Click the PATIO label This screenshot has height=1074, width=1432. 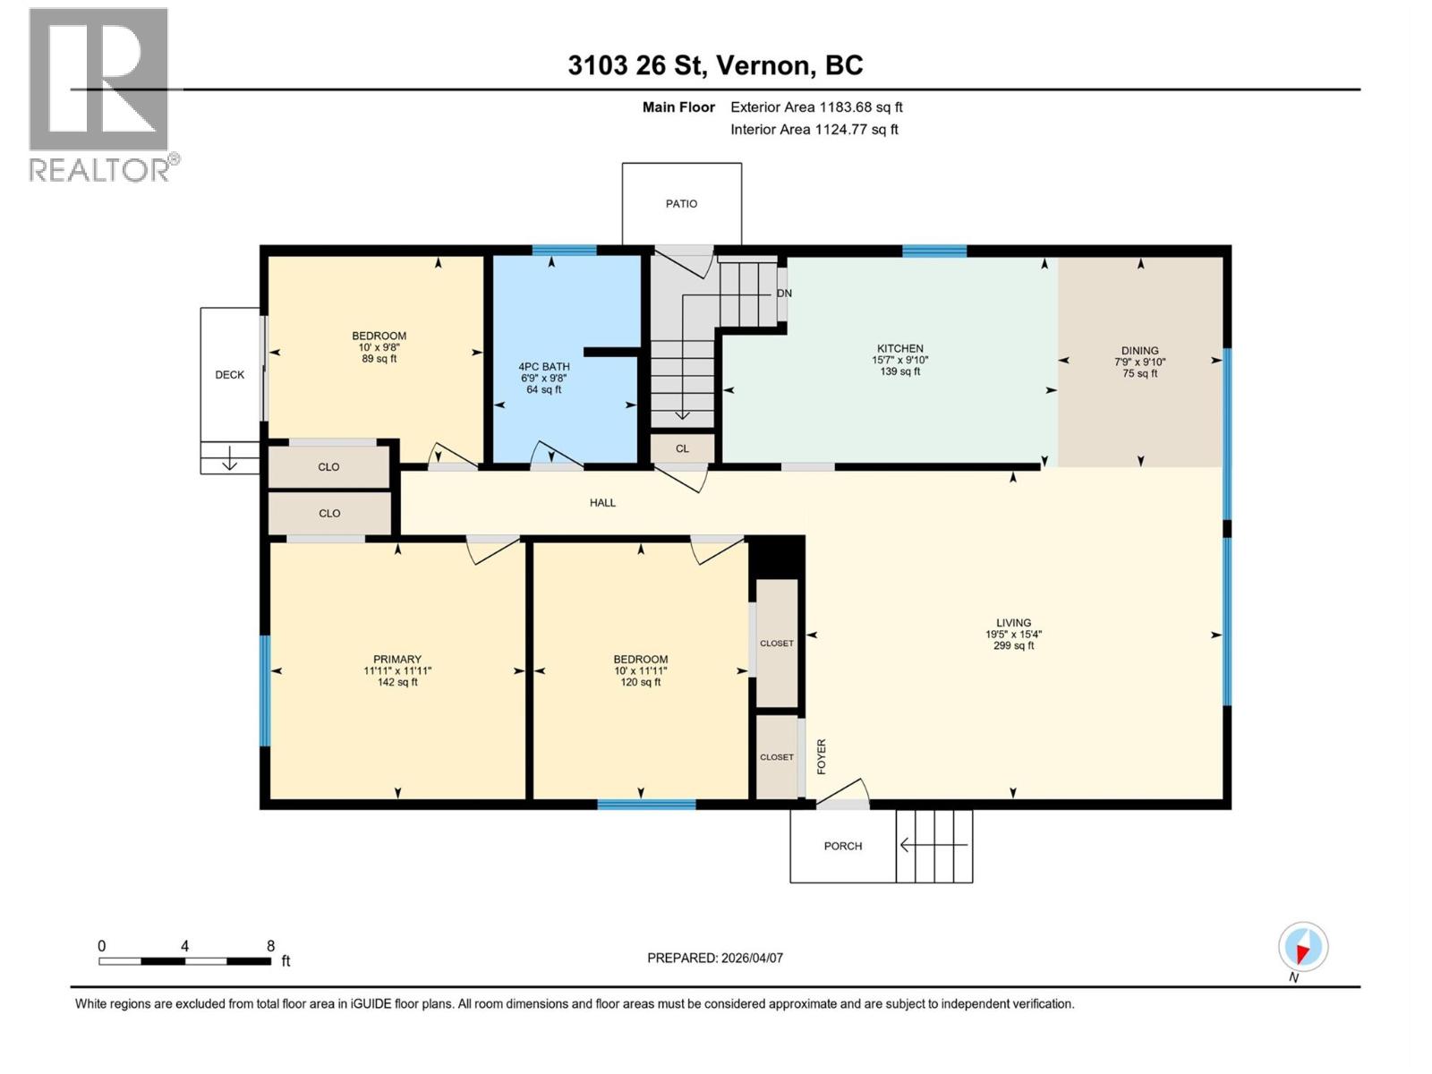click(681, 204)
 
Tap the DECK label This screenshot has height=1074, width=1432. click(229, 375)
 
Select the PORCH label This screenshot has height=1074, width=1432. click(842, 846)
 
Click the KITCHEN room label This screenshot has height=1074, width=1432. click(899, 349)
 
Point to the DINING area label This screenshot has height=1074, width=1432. click(1139, 351)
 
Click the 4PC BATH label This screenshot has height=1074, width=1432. click(543, 367)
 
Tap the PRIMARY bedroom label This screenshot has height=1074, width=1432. click(396, 660)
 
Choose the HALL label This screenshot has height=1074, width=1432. click(602, 503)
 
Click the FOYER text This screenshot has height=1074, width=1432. click(822, 756)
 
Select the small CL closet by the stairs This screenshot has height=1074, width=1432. click(682, 448)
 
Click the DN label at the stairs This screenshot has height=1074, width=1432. click(784, 294)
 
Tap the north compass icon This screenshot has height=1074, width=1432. click(1302, 948)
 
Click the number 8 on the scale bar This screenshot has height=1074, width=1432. click(270, 946)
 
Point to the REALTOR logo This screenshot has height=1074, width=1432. click(100, 94)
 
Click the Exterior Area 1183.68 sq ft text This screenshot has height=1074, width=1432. click(815, 107)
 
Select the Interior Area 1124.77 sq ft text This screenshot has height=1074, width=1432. click(814, 130)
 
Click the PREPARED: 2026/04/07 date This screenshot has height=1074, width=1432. click(714, 958)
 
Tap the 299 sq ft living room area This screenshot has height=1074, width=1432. click(1013, 645)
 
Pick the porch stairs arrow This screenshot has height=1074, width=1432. click(933, 845)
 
